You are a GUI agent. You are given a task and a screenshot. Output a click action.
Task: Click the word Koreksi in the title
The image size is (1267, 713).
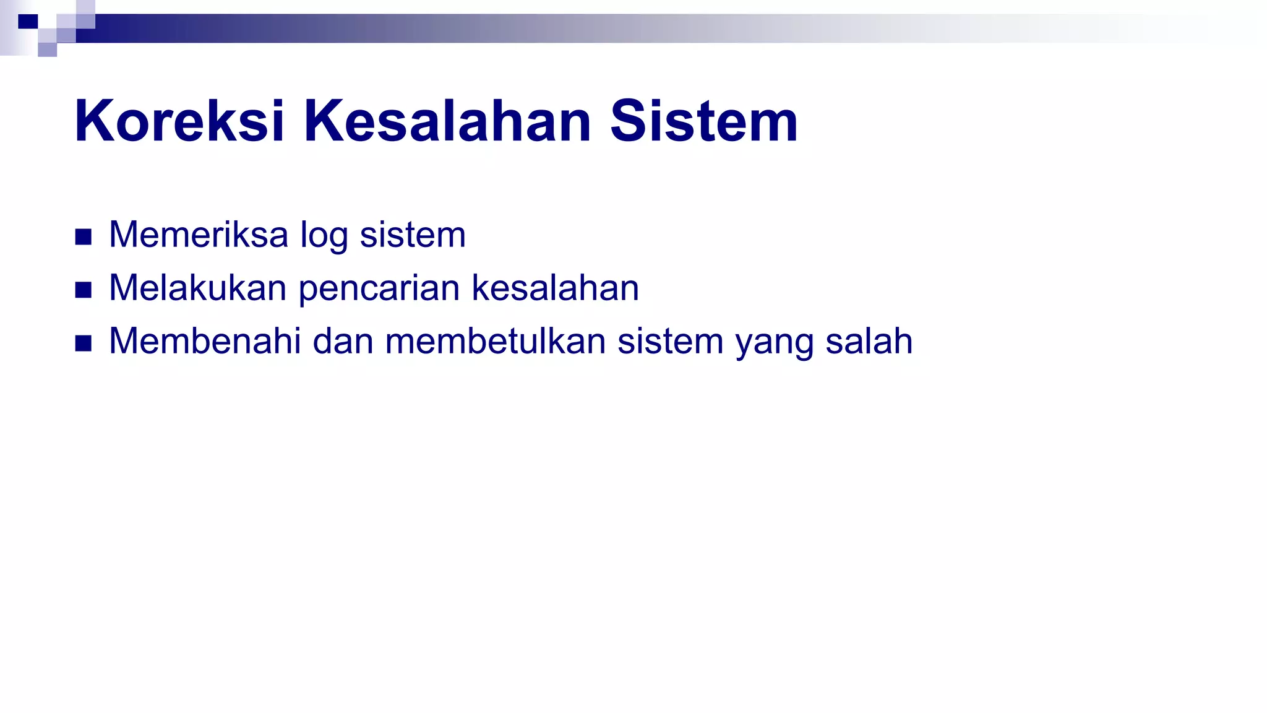click(x=179, y=121)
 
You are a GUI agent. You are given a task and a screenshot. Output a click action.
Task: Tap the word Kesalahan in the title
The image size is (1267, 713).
click(x=447, y=121)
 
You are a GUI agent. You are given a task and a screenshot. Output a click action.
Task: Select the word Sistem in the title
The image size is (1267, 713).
click(x=703, y=121)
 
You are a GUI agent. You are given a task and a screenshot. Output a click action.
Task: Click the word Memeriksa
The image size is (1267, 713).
click(x=199, y=235)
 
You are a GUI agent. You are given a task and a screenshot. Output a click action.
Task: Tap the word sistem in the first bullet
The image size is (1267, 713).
click(x=413, y=235)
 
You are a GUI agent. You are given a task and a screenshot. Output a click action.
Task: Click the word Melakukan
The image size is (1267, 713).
click(x=197, y=288)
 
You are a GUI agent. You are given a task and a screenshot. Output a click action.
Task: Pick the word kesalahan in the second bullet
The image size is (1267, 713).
click(x=555, y=288)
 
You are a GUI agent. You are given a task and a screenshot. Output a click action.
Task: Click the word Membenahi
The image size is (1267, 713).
click(x=205, y=342)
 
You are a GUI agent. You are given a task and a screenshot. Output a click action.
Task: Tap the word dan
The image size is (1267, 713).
click(x=343, y=342)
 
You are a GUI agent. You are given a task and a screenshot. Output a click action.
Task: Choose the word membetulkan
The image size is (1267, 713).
click(x=495, y=342)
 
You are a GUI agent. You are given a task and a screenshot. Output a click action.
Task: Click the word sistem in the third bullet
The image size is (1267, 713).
click(x=671, y=342)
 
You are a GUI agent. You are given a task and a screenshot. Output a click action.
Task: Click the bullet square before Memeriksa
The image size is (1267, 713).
click(x=84, y=237)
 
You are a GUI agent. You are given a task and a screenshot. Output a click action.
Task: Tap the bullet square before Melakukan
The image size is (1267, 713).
click(x=84, y=290)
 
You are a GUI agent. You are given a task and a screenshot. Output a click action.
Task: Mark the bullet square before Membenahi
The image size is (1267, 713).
click(x=84, y=344)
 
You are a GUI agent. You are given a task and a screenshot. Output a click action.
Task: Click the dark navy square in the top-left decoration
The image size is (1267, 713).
click(x=28, y=22)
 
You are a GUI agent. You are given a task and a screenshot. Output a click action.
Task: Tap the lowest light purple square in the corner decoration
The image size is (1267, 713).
click(x=47, y=50)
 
